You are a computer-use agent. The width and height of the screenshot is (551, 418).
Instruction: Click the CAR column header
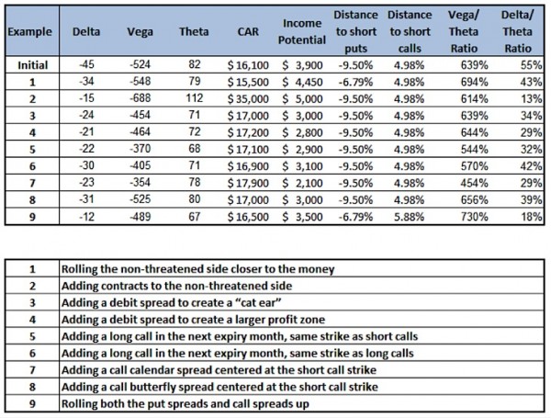click(248, 31)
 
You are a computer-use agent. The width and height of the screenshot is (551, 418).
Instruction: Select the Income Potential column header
click(302, 31)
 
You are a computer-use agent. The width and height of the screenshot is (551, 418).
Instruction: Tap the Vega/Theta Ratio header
click(464, 31)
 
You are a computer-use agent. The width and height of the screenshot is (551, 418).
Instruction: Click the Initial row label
click(33, 65)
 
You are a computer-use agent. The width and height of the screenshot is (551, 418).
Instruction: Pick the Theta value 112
click(195, 98)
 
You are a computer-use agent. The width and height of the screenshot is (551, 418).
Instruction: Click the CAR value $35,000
click(248, 99)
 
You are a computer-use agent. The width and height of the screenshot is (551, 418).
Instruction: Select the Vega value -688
click(141, 98)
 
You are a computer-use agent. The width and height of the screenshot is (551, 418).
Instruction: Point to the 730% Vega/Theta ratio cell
click(475, 217)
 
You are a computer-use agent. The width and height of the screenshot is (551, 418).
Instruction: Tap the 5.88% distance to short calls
click(409, 217)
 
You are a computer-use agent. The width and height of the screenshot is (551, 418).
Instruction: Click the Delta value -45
click(86, 64)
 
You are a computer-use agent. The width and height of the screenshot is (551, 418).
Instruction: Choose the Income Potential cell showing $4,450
click(302, 82)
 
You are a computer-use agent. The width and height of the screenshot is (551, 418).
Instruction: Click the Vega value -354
click(141, 182)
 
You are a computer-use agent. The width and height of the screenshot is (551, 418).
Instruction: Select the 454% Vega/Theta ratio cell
click(475, 183)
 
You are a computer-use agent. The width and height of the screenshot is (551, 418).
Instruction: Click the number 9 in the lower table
click(32, 403)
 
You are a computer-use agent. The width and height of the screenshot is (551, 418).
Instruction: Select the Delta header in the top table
click(86, 31)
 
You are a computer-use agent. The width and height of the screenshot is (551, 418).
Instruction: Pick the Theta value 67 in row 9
click(195, 217)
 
